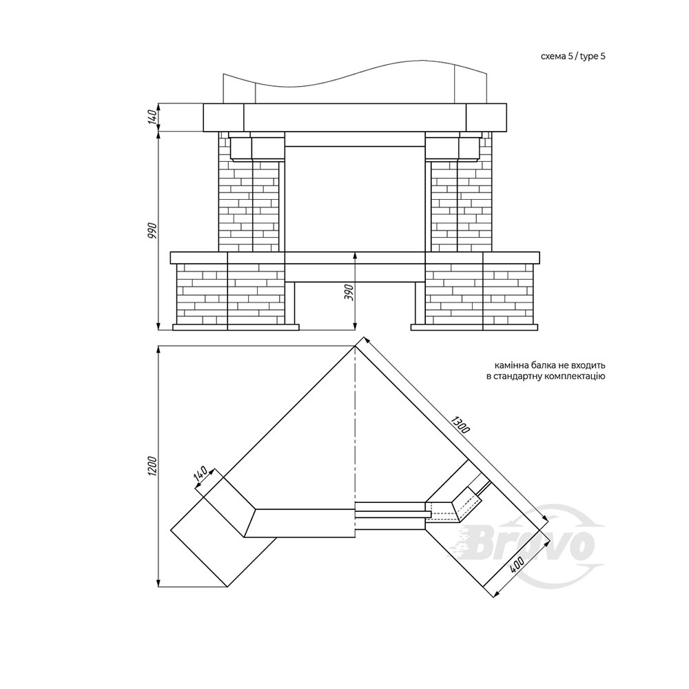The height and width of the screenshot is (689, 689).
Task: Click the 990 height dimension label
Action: [x=153, y=231]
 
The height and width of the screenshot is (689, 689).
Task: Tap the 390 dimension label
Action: [x=350, y=292]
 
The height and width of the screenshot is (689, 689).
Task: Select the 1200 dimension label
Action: [x=153, y=466]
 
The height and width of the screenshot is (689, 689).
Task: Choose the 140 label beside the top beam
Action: [x=153, y=117]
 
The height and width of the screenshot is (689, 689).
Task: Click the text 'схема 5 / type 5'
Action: [x=573, y=56]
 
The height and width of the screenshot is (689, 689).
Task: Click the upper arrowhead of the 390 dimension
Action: [x=355, y=256]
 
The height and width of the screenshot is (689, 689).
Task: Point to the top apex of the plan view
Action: [x=355, y=347]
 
